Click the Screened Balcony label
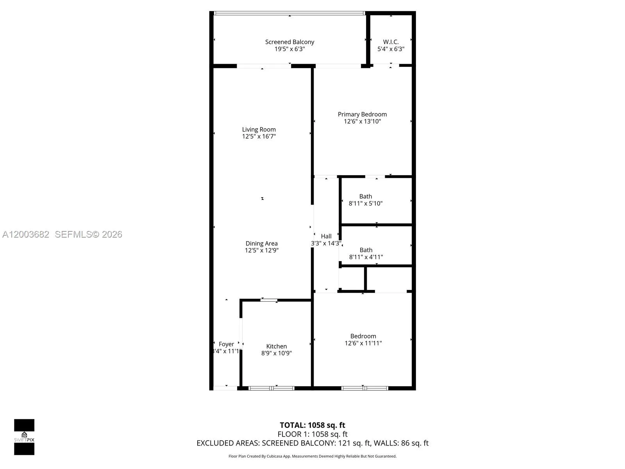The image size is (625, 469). pos(289,42)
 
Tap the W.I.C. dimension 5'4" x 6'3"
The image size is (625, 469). pos(391,49)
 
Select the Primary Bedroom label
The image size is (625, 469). pos(362,114)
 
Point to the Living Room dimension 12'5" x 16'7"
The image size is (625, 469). pos(259,136)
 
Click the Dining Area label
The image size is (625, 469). pos(261,243)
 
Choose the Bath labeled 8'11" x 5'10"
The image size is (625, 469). pos(366,200)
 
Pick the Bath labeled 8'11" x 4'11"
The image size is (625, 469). pos(366,253)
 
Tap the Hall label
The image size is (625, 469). pos(326,236)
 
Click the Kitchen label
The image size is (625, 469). pos(276,346)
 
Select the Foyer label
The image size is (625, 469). pos(226,344)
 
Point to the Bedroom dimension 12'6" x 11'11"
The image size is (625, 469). pos(363,343)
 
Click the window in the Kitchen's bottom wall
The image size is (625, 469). pos(271,388)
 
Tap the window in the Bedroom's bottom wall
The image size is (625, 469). pos(364,388)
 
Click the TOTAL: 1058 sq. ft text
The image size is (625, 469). pos(312,425)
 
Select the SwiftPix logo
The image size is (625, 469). pos(24,437)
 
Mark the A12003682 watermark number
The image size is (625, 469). pos(26,234)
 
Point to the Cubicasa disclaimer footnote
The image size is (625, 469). pos(312,456)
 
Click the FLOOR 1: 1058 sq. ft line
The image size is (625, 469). pos(312,434)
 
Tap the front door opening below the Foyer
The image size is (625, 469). pos(225,388)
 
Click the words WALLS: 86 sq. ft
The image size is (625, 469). pos(401,443)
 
